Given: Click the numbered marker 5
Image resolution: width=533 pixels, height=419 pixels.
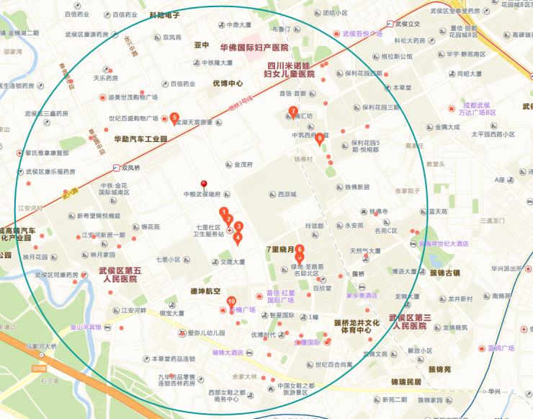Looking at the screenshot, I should click(174, 117).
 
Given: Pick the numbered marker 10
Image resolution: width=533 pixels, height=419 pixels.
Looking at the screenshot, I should click(231, 301).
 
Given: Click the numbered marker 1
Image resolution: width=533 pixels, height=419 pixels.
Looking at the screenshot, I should click(223, 211).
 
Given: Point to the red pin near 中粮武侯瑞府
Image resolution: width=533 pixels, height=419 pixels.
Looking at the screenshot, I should click(204, 185).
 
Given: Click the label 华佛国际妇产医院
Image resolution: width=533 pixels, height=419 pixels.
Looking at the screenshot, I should click(254, 47).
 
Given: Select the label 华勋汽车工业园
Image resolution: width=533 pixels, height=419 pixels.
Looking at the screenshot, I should click(140, 138).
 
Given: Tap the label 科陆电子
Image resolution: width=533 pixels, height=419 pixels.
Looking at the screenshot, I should click(165, 14).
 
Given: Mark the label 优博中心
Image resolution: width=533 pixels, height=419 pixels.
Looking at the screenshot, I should click(227, 83).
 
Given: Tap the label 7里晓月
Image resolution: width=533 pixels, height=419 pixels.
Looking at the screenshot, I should click(281, 249).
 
